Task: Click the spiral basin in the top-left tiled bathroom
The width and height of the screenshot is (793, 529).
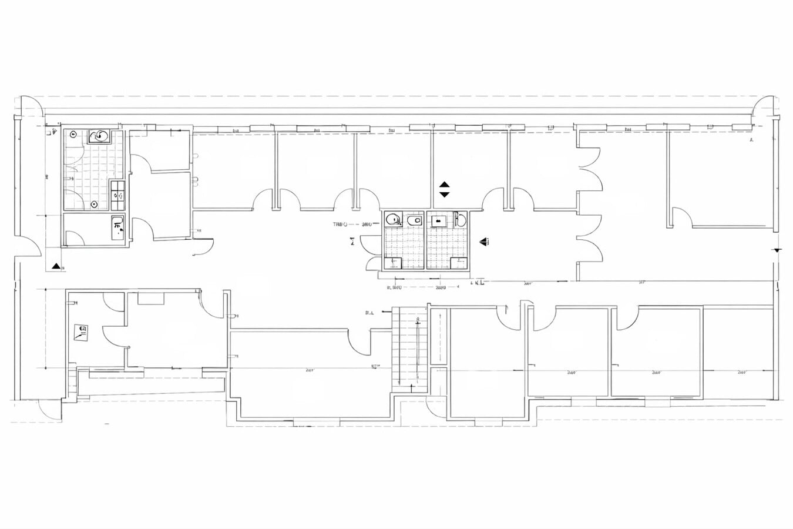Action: (x=100, y=136)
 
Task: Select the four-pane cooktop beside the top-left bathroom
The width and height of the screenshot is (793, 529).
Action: (x=118, y=191)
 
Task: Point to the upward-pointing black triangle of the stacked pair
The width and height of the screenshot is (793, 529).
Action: (x=444, y=185)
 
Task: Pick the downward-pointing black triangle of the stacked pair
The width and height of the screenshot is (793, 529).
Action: (x=444, y=194)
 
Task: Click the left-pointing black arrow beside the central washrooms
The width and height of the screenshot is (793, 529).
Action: (x=485, y=240)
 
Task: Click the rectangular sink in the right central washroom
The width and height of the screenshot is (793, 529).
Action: (x=438, y=221)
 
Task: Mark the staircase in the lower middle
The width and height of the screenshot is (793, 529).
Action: (x=409, y=350)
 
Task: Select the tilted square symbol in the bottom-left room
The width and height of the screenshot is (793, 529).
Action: (x=81, y=332)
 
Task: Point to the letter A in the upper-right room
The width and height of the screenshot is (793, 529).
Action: (x=751, y=141)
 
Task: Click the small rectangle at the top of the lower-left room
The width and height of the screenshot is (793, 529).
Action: (x=150, y=297)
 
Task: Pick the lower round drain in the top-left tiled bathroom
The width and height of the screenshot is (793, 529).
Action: (x=94, y=204)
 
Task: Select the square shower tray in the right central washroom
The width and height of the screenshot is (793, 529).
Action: (x=459, y=263)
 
